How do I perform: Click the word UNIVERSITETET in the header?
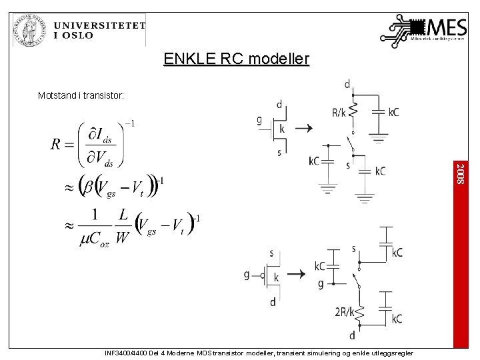[x=99, y=25]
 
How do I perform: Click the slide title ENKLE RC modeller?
[x=237, y=59]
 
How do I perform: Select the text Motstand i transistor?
[x=81, y=96]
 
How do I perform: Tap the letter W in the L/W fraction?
[x=123, y=237]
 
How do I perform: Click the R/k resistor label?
[x=339, y=113]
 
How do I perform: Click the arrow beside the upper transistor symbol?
[x=303, y=128]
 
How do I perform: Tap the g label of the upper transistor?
[x=260, y=120]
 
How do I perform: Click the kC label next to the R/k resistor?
[x=393, y=113]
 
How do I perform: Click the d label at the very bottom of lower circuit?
[x=352, y=335]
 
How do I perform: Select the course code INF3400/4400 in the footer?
[x=127, y=353]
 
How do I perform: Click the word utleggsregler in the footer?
[x=393, y=353]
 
